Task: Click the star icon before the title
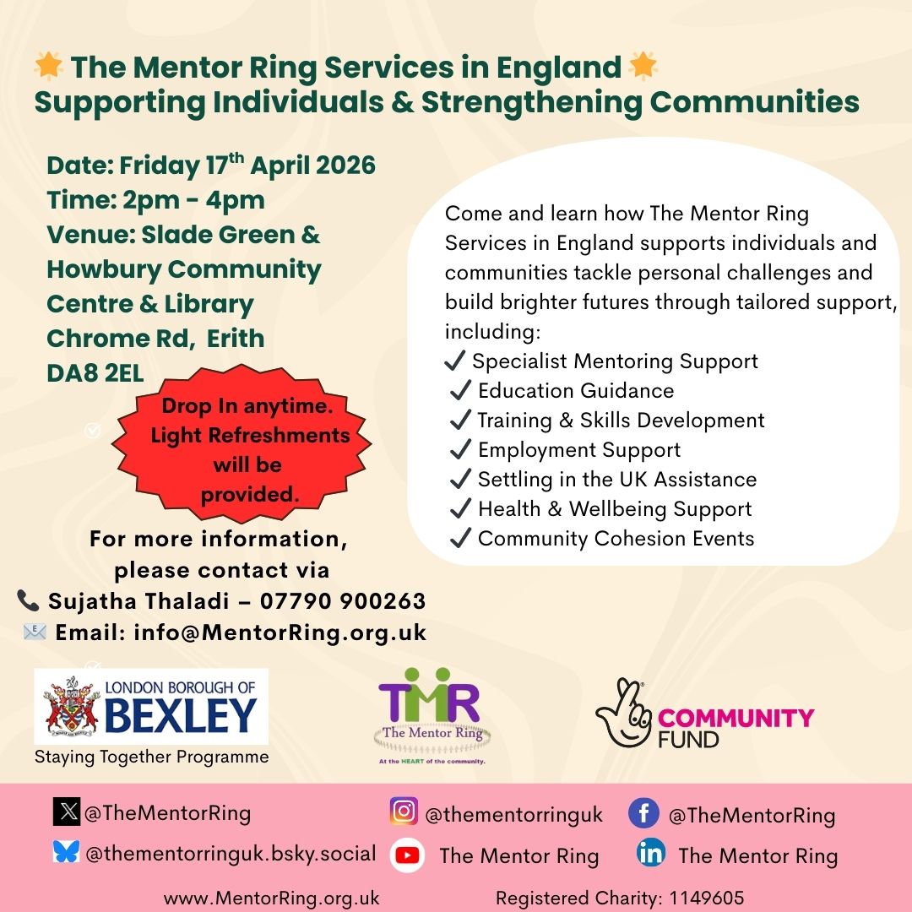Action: coord(49,67)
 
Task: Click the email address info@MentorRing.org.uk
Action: coord(280,632)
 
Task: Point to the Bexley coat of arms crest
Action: coord(72,705)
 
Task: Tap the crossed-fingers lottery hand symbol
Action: coord(622,712)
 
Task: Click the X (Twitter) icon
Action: coord(66,812)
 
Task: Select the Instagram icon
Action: coord(404,812)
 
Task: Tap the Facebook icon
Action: coord(643,813)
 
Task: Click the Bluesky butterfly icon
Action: coord(66,852)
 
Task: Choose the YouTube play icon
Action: coord(407,855)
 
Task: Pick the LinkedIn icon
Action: coord(651,853)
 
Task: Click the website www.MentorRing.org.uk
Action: coord(271,898)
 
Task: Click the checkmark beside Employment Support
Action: coord(460,450)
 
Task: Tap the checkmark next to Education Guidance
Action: coord(460,390)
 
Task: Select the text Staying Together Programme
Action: coord(151,757)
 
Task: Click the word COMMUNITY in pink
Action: coord(736,719)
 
